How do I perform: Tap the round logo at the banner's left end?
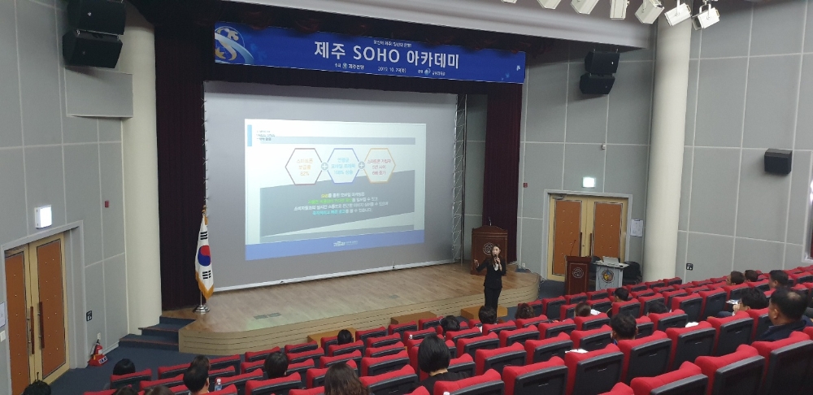click(233, 45)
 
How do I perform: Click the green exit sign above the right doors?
click(588, 182)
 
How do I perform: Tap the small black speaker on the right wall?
click(777, 161)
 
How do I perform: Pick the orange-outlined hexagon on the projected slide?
click(379, 165)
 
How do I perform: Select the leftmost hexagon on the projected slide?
click(303, 166)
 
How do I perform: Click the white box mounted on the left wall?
click(43, 216)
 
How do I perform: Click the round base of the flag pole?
click(201, 309)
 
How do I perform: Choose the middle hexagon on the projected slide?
click(341, 165)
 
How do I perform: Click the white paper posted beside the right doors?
click(636, 228)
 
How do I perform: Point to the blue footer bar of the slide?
click(335, 244)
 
